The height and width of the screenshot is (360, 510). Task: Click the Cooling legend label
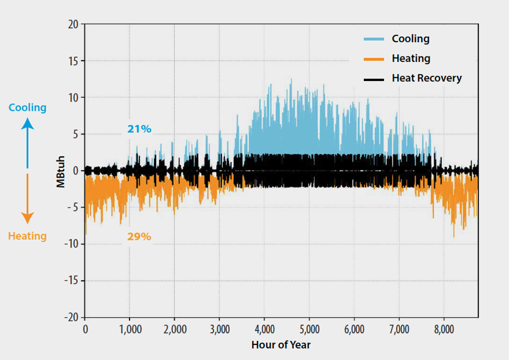click(x=410, y=39)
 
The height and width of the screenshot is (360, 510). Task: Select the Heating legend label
click(x=411, y=59)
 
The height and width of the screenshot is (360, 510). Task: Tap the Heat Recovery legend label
click(x=426, y=78)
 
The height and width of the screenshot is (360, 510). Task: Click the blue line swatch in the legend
click(x=374, y=39)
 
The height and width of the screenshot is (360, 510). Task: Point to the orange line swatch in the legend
click(x=374, y=59)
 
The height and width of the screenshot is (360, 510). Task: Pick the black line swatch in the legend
click(x=374, y=79)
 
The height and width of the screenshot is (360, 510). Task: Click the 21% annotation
click(x=139, y=129)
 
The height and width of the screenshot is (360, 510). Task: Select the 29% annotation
click(x=139, y=237)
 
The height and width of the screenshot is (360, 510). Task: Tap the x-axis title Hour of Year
click(x=281, y=345)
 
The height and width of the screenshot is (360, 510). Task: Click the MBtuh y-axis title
click(x=61, y=171)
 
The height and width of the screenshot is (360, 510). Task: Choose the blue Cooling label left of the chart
click(x=28, y=108)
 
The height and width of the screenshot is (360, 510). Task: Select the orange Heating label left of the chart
click(x=27, y=236)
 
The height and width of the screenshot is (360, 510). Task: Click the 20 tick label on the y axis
click(x=72, y=25)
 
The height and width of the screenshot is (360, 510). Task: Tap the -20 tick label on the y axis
click(x=70, y=318)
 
